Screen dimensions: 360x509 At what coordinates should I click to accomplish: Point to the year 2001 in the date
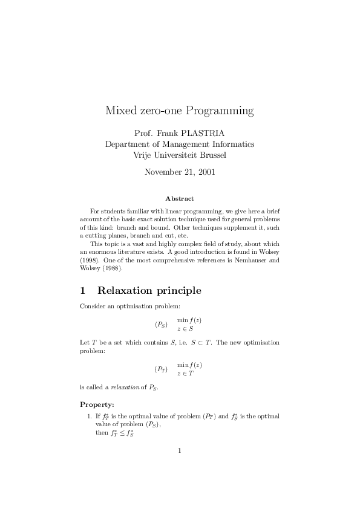pyautogui.click(x=204, y=172)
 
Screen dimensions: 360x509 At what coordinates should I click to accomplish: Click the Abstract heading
pyautogui.click(x=180, y=198)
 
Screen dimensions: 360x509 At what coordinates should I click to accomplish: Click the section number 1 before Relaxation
pyautogui.click(x=83, y=291)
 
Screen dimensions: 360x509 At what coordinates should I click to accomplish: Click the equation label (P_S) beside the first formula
pyautogui.click(x=161, y=325)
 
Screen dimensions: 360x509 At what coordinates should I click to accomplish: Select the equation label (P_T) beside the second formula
pyautogui.click(x=161, y=369)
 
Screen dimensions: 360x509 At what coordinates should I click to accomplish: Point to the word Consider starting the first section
pyautogui.click(x=92, y=307)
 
